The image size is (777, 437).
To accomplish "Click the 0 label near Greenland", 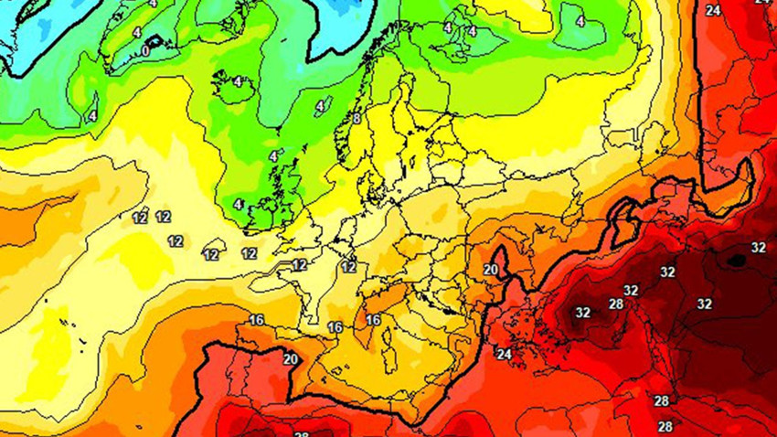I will click(146, 51).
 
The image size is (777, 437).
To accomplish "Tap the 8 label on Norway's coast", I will click(357, 118).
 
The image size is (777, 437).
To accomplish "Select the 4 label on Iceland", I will click(238, 81).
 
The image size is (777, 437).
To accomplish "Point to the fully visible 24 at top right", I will click(713, 10).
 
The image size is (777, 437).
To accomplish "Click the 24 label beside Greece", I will click(505, 354).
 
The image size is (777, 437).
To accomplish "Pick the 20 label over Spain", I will click(291, 359).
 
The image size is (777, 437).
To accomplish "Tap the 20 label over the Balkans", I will click(491, 269).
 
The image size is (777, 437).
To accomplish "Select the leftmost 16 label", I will click(256, 319).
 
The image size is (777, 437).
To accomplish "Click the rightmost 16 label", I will click(372, 320).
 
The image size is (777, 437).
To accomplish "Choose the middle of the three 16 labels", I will click(335, 327).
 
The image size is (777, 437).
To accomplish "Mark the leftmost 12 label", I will click(140, 218).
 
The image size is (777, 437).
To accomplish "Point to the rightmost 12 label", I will click(348, 267).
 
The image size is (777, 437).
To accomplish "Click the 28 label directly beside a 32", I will click(616, 304).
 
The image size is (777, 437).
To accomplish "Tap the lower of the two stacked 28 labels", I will click(665, 426).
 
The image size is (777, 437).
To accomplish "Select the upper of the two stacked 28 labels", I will click(662, 400).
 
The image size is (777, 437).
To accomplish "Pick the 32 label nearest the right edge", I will click(758, 248).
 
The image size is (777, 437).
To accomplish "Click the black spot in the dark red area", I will click(735, 261).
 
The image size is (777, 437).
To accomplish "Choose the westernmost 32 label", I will click(583, 312).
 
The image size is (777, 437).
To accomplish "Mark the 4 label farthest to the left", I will click(92, 116).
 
